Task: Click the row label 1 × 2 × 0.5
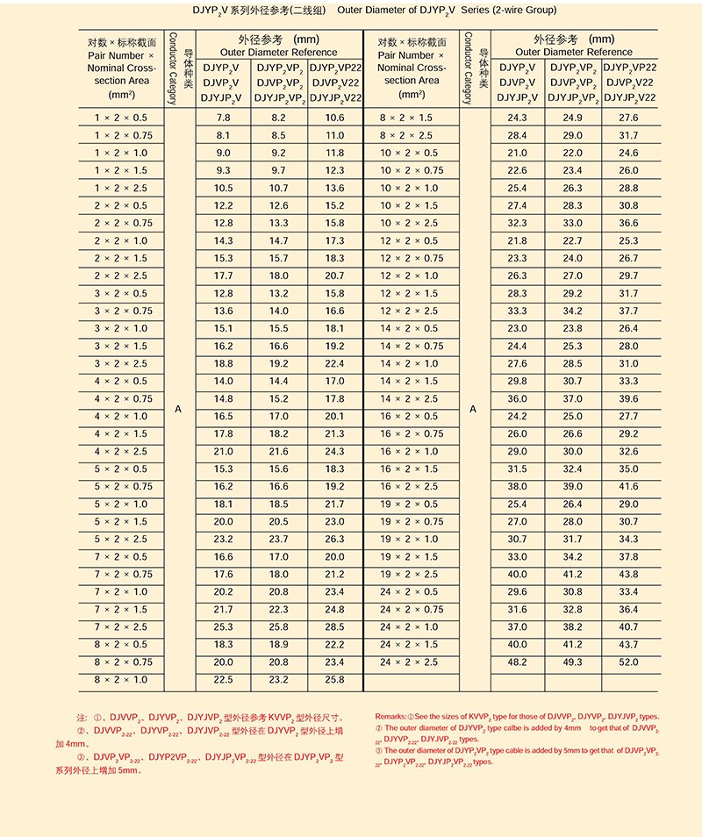(121, 118)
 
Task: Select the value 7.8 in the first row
(223, 118)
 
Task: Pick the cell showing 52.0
(628, 662)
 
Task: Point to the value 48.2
(517, 662)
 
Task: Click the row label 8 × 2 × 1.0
(121, 680)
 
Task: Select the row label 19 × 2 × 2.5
(409, 575)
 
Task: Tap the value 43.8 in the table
(628, 575)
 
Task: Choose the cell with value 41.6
(628, 487)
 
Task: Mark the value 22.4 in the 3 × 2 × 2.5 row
(334, 364)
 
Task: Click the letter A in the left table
(178, 410)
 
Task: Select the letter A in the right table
(473, 410)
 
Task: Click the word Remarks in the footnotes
(390, 717)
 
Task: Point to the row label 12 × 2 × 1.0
(409, 276)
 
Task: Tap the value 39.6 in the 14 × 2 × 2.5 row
(628, 399)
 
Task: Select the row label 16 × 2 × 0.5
(409, 417)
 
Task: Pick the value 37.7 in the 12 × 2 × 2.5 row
(628, 311)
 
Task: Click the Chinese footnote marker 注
(82, 718)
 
